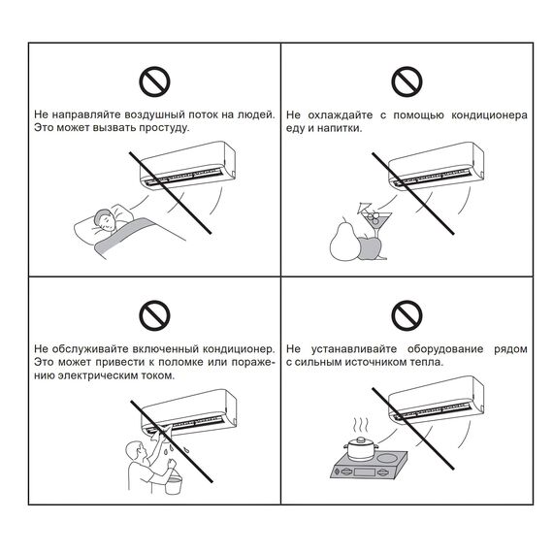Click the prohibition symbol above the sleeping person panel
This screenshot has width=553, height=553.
tap(154, 81)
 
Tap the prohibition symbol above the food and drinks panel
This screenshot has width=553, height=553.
tap(407, 81)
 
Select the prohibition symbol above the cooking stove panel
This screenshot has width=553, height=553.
tap(407, 315)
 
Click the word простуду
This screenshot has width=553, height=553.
tap(164, 128)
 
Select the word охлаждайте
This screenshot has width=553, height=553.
tap(340, 115)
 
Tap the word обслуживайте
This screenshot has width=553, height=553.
tap(90, 349)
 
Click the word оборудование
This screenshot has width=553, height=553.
tap(445, 349)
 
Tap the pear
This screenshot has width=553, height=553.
tap(344, 241)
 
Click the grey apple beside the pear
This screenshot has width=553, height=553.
tap(370, 248)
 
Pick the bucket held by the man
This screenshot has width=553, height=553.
tap(173, 483)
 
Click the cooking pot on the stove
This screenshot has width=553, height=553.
tap(361, 448)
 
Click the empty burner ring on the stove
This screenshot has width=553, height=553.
tap(387, 459)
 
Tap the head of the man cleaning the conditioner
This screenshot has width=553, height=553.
tap(136, 451)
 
